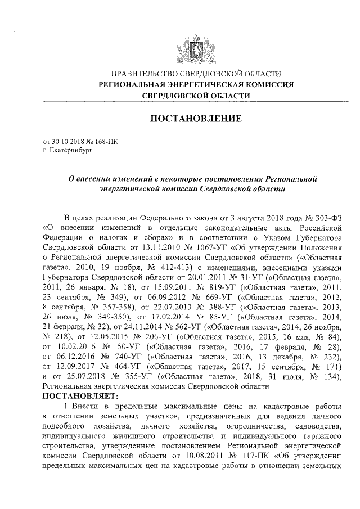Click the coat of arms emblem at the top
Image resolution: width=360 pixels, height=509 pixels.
coord(194,45)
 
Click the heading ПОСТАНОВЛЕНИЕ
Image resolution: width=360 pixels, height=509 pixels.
coord(195,119)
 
